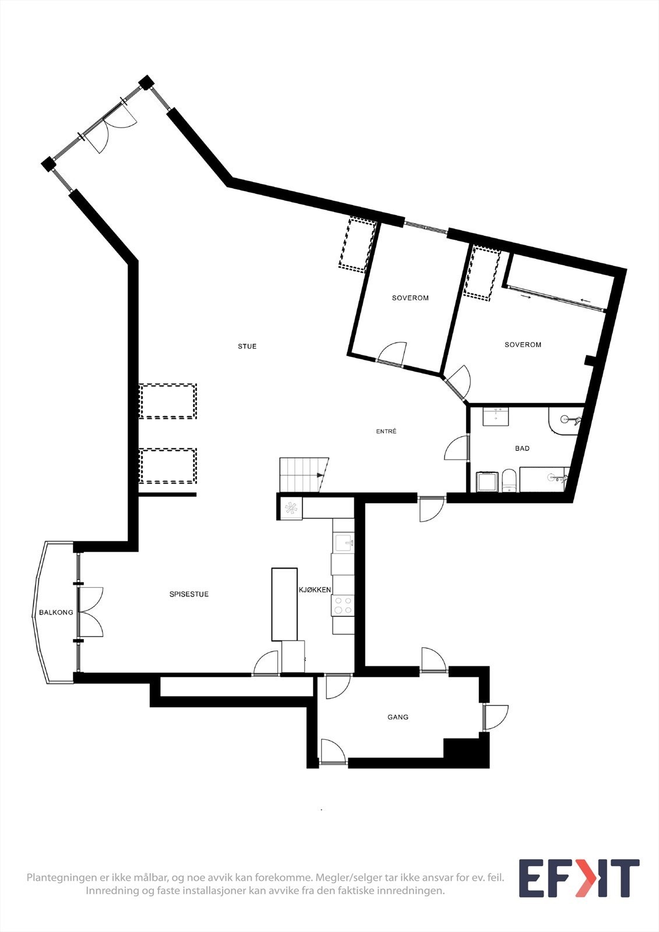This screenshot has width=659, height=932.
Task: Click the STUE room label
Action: (247, 347)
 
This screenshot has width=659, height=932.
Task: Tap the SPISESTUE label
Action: (189, 594)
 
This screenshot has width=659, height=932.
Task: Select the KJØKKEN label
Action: (315, 590)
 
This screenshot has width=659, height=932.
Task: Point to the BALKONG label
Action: (56, 613)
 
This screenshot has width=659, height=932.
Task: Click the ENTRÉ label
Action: (386, 432)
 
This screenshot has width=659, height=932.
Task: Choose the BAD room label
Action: (522, 449)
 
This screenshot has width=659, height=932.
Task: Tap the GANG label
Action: (398, 717)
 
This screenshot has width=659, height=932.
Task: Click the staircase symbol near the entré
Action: (303, 475)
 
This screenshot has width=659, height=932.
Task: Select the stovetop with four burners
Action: (343, 605)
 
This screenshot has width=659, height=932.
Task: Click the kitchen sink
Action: (343, 543)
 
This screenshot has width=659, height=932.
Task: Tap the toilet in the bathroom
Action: (509, 481)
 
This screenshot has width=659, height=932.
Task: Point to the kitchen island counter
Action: (284, 604)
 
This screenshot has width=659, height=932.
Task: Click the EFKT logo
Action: (579, 878)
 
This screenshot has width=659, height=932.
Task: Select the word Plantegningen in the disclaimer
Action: (62, 878)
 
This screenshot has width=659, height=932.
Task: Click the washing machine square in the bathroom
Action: (487, 482)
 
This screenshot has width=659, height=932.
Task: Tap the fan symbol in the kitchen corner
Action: (291, 508)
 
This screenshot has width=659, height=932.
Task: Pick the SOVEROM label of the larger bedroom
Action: (523, 345)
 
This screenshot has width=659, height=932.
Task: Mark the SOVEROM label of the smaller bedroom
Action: (410, 298)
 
